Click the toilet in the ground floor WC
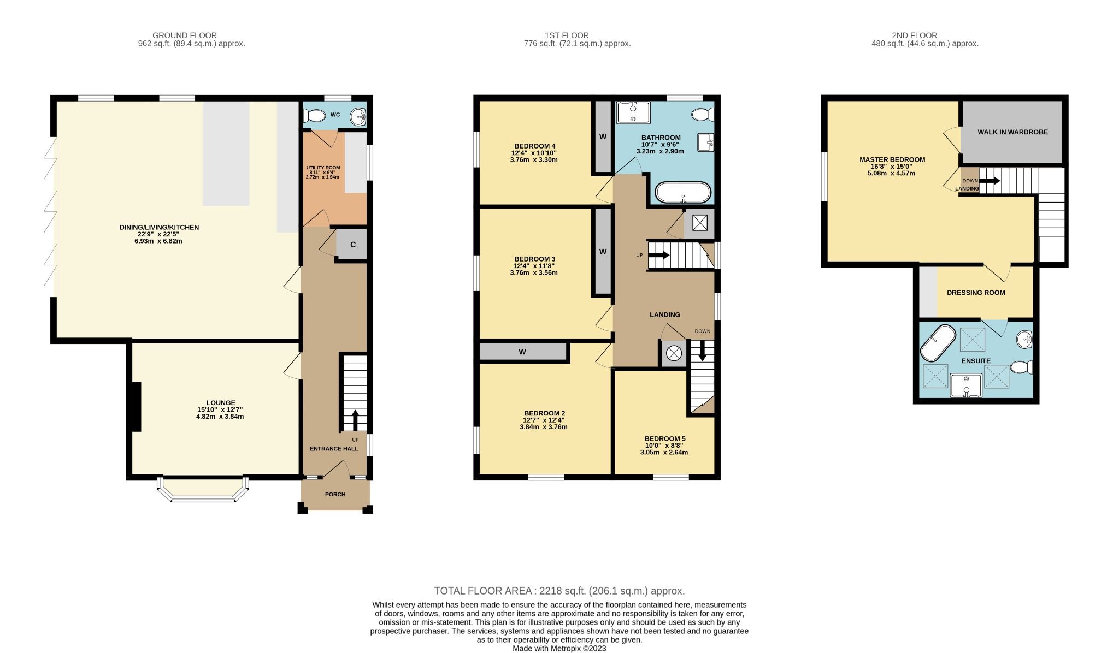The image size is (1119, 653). coord(314,116)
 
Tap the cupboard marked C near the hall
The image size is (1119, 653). coord(352,244)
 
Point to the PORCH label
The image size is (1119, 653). coord(335,495)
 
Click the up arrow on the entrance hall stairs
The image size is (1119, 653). coord(355,420)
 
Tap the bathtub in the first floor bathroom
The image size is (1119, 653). coord(683,192)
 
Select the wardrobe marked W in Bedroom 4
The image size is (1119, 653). coord(603,136)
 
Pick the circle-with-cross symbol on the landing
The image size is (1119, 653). coord(674,354)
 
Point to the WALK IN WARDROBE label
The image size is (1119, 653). coord(1012,132)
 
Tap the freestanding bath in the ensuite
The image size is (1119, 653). coord(938,343)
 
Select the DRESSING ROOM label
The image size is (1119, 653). coord(976,293)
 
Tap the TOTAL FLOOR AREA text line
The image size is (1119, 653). coord(559,591)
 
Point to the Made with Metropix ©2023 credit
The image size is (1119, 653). coord(559,649)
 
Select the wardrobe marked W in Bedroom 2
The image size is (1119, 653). coord(522,352)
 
